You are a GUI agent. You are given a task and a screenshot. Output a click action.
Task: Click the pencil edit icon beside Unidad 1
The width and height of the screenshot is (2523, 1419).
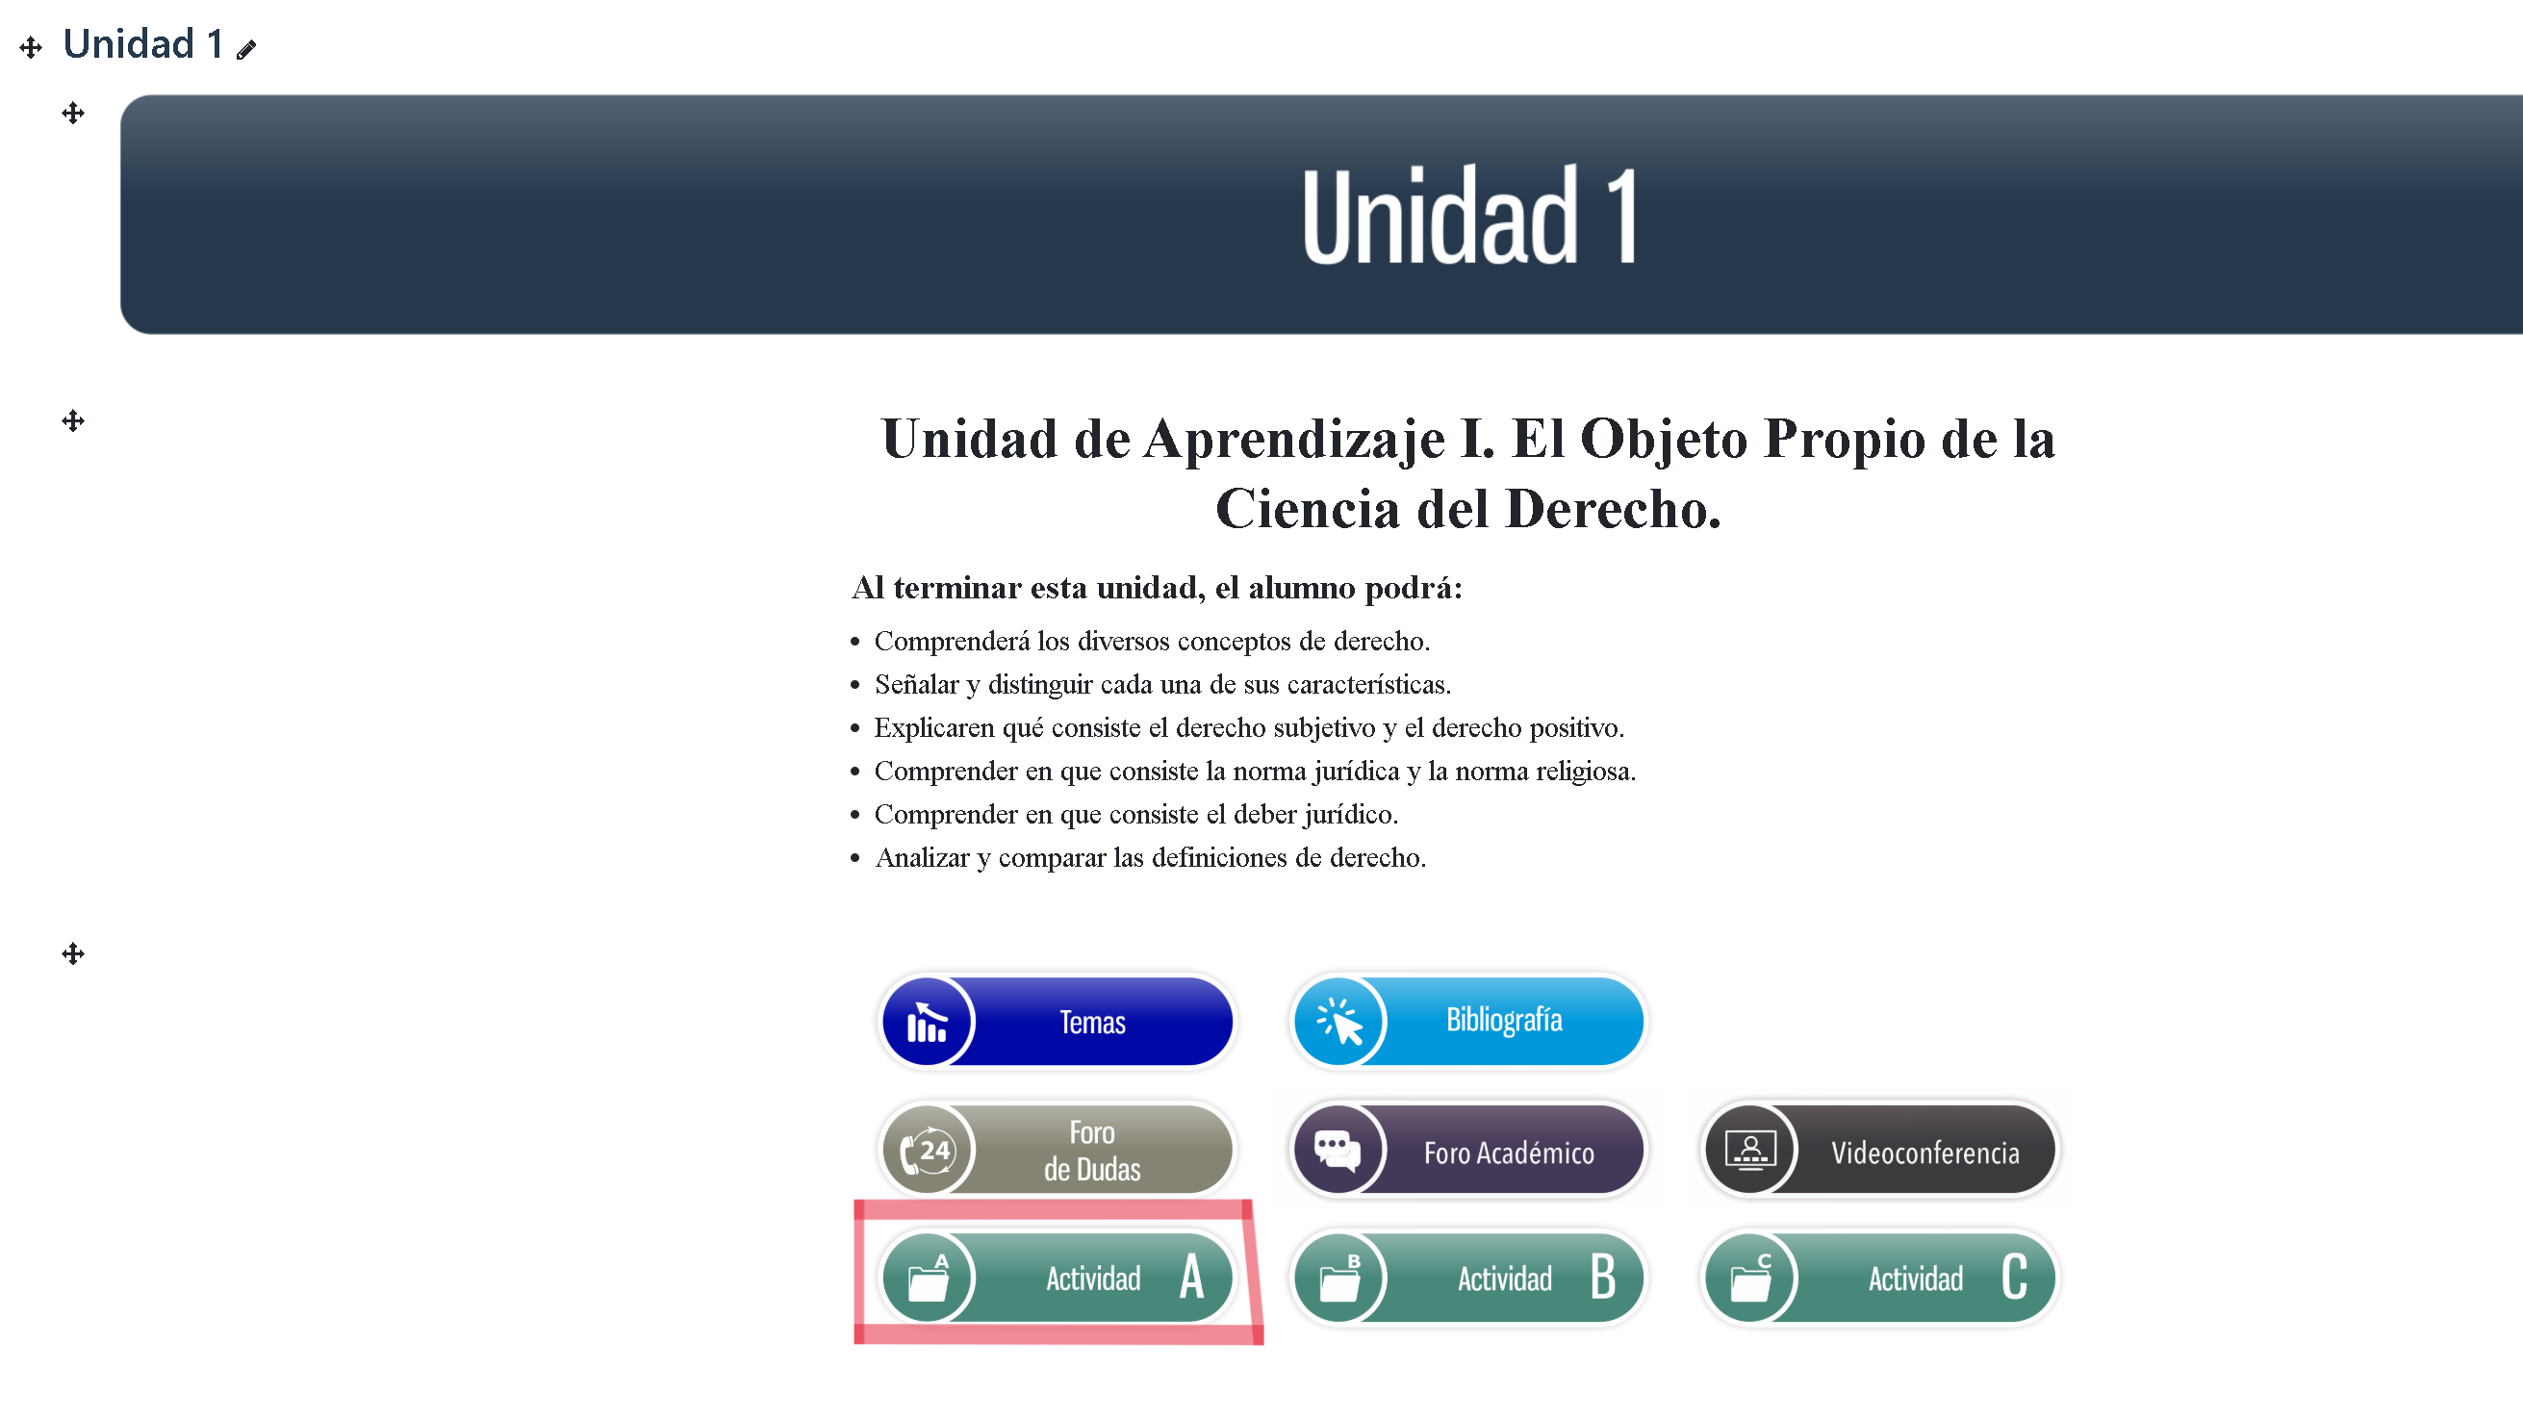[245, 49]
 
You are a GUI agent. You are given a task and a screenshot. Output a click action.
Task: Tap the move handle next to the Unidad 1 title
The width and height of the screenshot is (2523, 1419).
[32, 47]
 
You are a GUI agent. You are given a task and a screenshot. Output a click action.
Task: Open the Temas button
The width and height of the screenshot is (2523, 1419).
[1057, 1022]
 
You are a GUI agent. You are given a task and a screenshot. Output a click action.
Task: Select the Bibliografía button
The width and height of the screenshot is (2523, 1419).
[1468, 1021]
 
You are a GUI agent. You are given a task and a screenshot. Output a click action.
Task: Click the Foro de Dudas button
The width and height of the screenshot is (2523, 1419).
[1057, 1150]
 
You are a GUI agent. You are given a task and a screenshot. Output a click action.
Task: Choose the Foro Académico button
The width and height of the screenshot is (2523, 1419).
[1468, 1150]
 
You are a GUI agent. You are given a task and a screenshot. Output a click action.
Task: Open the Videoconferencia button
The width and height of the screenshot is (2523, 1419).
[1879, 1150]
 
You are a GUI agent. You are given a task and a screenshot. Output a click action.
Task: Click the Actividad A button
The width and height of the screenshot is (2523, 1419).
[1057, 1277]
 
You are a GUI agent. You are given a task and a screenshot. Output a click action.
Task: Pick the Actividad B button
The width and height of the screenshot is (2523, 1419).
[1468, 1277]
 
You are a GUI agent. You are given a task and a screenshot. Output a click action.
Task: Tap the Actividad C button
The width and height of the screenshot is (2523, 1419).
[1879, 1277]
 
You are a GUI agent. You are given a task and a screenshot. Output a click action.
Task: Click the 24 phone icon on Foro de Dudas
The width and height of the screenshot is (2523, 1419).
[927, 1150]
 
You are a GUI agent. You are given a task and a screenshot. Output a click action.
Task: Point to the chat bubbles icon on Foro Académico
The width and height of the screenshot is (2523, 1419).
[1338, 1150]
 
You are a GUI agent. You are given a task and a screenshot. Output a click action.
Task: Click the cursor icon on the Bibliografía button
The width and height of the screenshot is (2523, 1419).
[1338, 1022]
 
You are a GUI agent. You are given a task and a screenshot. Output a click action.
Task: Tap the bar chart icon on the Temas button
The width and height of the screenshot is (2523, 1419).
[927, 1023]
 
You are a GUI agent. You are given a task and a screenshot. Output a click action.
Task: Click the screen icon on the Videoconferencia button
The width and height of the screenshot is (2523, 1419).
[1750, 1150]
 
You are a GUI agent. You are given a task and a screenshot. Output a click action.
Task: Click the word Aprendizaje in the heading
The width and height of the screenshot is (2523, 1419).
[1294, 440]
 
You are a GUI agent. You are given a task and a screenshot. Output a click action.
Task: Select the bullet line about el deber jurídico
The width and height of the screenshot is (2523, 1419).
[1136, 814]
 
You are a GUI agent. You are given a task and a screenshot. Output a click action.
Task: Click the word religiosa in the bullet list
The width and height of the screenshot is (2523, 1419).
[1586, 771]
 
